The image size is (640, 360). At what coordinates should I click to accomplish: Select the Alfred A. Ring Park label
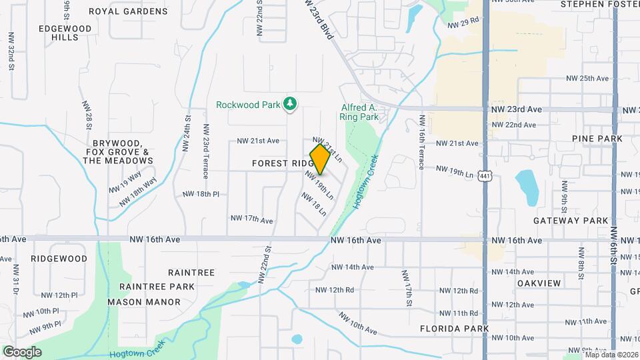[359, 112]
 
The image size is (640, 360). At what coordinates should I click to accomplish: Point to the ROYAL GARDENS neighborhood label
[128, 11]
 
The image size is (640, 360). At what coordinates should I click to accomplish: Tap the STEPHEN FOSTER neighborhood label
[595, 4]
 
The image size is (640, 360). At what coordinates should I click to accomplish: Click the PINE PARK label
[597, 139]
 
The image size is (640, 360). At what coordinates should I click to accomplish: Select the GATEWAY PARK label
[571, 221]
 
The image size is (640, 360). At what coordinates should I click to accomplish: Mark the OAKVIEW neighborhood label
[537, 283]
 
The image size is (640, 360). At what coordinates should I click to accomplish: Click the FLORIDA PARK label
[454, 329]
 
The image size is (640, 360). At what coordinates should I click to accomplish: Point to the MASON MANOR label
[144, 302]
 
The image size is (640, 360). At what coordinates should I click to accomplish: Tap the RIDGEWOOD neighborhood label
[59, 258]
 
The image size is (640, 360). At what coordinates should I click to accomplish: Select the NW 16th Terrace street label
[421, 142]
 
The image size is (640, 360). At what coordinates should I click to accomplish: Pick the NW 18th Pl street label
[201, 194]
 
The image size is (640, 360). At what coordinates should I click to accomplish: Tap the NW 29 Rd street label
[464, 23]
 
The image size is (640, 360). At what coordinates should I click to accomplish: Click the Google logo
[22, 351]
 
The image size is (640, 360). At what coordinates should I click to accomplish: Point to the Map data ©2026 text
[611, 354]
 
